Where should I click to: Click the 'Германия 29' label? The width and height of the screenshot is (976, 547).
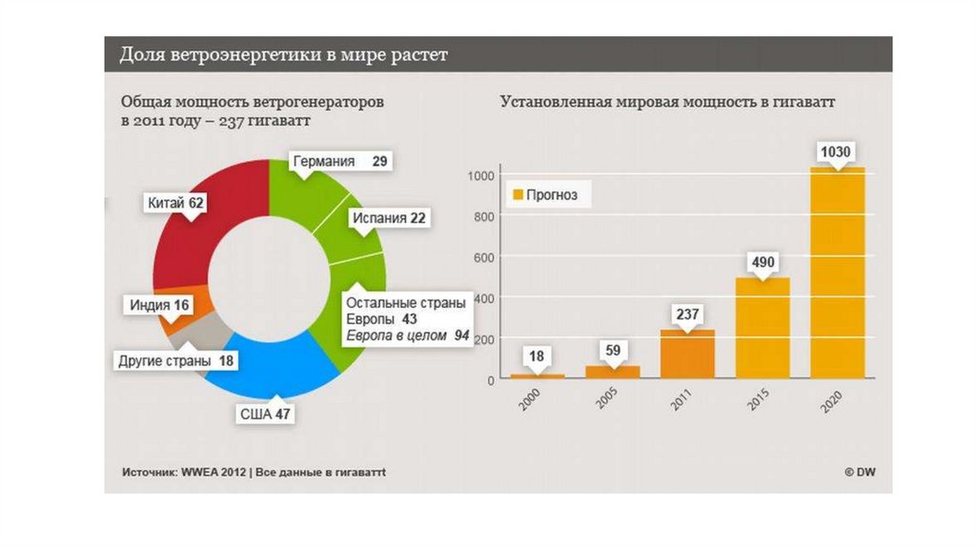(x=339, y=161)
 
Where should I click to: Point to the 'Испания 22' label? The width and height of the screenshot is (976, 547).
(x=389, y=217)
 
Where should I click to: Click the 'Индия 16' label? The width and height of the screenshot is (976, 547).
(x=157, y=305)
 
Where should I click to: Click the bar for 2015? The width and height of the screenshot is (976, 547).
(x=762, y=328)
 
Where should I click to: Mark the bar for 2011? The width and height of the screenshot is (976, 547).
(x=687, y=354)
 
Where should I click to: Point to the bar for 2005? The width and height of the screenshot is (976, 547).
(x=613, y=372)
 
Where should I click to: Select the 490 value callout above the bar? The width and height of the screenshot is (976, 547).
(x=762, y=262)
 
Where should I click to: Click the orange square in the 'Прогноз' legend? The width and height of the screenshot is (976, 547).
(x=518, y=195)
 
